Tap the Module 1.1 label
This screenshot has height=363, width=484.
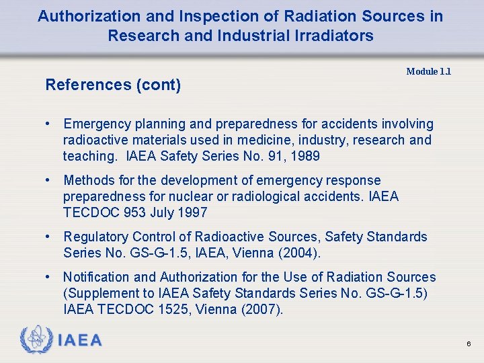(x=428, y=71)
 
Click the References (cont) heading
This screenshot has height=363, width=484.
(x=113, y=85)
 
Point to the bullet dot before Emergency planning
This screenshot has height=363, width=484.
(x=49, y=124)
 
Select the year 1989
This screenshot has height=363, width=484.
(x=306, y=156)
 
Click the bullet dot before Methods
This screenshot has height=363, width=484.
(x=49, y=180)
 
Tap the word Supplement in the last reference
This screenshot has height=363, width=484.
(x=101, y=293)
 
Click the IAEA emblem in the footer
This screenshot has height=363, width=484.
(x=36, y=339)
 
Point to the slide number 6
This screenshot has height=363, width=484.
(x=469, y=344)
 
